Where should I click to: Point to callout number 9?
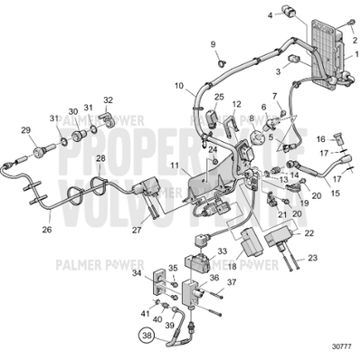[214, 44]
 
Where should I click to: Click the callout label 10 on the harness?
[179, 88]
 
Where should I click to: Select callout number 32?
[108, 100]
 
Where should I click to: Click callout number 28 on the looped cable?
[100, 158]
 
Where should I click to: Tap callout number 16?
[319, 138]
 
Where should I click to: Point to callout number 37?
[232, 282]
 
